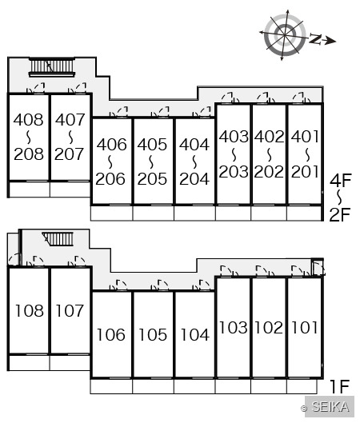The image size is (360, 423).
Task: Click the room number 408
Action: point(28,119)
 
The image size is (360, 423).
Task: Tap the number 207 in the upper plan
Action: point(70,154)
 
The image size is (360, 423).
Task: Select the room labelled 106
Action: point(111,334)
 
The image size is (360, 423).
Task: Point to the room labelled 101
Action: point(305,328)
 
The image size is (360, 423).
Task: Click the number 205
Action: point(152,179)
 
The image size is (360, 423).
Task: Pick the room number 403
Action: point(234,137)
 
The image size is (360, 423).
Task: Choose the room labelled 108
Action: point(30,310)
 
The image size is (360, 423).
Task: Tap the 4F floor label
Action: point(341,180)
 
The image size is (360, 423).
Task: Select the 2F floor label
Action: point(340,214)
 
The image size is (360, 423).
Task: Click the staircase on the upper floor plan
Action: point(51,66)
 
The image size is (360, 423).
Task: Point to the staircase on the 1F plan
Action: point(58,239)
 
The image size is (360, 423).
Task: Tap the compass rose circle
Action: point(286,35)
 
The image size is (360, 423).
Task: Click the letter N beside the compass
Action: point(315,39)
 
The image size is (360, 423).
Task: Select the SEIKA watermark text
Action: point(330,406)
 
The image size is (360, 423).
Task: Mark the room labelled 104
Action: point(195,334)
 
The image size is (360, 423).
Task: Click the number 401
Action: point(305,137)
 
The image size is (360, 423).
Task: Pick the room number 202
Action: point(269,172)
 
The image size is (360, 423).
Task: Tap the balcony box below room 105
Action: point(154,386)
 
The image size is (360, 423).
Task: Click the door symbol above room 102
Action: point(265,271)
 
